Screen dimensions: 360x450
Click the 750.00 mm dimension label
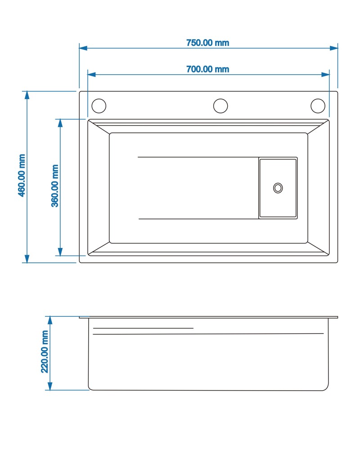207,43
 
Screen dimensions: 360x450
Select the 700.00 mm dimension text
207,69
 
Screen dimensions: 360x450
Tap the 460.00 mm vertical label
22,175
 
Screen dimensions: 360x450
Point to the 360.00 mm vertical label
55,186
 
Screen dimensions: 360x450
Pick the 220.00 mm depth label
45,351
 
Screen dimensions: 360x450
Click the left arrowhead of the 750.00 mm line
83,48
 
